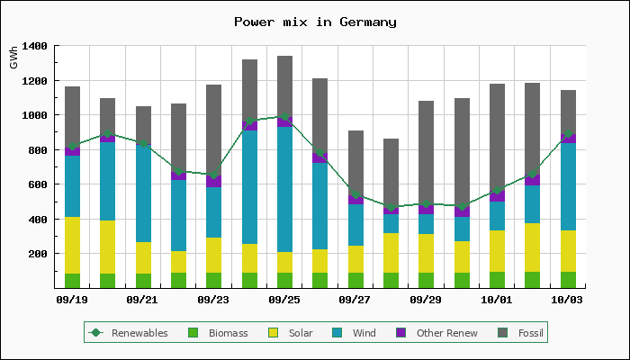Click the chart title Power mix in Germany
[315, 22]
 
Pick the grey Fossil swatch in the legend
[503, 333]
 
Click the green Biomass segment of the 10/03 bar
[568, 280]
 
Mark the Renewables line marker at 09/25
[284, 116]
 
